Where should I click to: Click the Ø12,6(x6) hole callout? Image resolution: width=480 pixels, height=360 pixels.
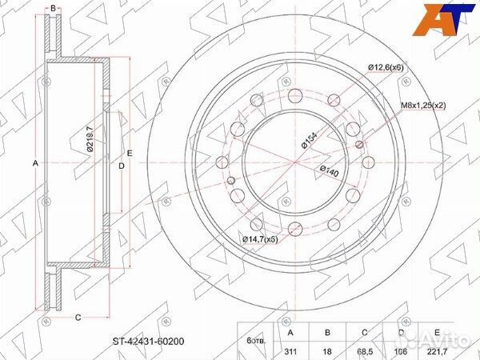click(386, 68)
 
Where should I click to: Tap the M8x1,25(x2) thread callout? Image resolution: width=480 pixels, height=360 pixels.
click(423, 106)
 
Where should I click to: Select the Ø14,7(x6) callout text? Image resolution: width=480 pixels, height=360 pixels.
click(260, 239)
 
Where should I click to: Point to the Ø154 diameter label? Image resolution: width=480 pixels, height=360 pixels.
click(309, 141)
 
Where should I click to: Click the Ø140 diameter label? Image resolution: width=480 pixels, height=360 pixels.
click(330, 171)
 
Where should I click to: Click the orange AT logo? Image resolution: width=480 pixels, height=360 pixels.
click(443, 20)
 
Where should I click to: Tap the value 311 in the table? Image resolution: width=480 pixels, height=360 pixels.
click(290, 351)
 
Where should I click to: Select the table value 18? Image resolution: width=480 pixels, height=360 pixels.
click(327, 351)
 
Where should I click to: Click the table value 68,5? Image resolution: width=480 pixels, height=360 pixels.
click(365, 351)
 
